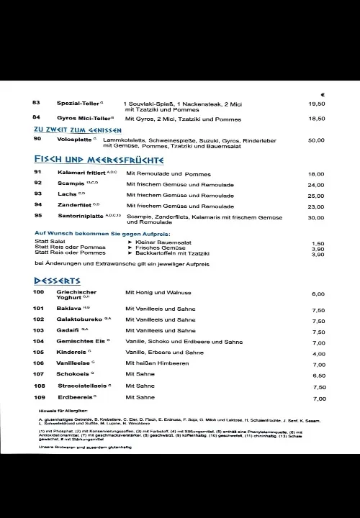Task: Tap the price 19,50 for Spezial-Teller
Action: [x=317, y=104]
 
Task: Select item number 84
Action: [x=36, y=117]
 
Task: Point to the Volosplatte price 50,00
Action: [x=316, y=141]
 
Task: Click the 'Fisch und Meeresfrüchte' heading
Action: [x=99, y=160]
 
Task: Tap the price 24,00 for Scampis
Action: [x=316, y=186]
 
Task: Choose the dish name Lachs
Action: [x=67, y=195]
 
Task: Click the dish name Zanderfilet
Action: [x=76, y=206]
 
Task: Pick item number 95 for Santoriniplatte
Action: [x=38, y=216]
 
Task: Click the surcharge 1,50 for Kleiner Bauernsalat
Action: [x=318, y=244]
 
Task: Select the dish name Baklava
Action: [x=69, y=308]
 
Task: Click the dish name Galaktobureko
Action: [x=81, y=319]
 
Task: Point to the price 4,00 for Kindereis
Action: [x=319, y=354]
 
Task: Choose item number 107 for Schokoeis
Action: [x=39, y=374]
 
